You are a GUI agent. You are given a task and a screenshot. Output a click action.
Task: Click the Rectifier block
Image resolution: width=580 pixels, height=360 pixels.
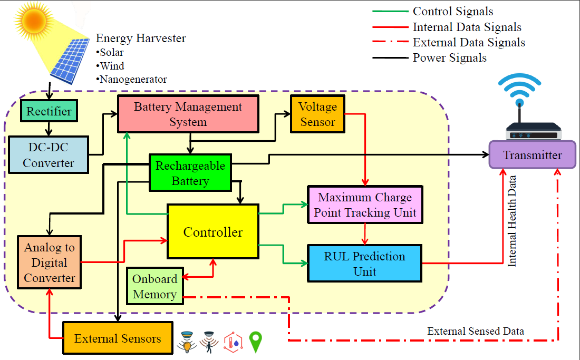tap(49, 111)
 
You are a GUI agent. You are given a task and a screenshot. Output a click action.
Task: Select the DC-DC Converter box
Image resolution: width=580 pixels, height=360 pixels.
tap(49, 155)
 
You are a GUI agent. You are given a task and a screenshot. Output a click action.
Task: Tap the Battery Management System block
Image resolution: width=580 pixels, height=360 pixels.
tap(188, 114)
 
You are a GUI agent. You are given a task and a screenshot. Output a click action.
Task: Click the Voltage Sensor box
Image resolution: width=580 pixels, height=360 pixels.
tap(317, 114)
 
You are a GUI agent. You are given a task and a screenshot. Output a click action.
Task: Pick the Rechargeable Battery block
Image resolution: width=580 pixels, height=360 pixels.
tap(190, 173)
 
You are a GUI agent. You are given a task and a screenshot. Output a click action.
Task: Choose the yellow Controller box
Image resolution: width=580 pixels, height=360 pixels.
tap(213, 232)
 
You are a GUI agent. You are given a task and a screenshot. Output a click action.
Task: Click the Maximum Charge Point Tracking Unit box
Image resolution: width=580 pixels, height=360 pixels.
tap(365, 205)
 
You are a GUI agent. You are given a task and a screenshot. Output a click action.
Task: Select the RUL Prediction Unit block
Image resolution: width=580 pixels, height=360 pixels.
tap(365, 264)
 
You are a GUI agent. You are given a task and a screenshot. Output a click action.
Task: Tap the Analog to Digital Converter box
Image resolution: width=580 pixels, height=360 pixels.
tap(49, 262)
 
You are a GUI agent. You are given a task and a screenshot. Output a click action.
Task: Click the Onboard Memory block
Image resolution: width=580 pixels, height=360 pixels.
tap(154, 287)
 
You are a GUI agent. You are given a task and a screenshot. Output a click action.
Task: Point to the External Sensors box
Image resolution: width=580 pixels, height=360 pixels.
tap(118, 338)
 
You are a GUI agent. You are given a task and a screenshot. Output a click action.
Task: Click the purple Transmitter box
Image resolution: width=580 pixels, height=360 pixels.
tap(532, 155)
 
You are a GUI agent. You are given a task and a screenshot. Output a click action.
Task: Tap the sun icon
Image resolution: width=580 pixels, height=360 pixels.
tap(34, 21)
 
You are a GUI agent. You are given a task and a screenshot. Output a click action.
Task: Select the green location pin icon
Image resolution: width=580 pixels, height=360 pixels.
tap(256, 342)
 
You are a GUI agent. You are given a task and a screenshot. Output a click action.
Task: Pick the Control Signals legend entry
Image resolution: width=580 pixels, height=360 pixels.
tap(452, 12)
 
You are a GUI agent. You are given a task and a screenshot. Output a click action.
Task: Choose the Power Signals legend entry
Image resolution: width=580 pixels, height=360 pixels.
tap(449, 57)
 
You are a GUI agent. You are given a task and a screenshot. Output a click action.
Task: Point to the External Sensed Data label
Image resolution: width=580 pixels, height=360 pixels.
tap(475, 331)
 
